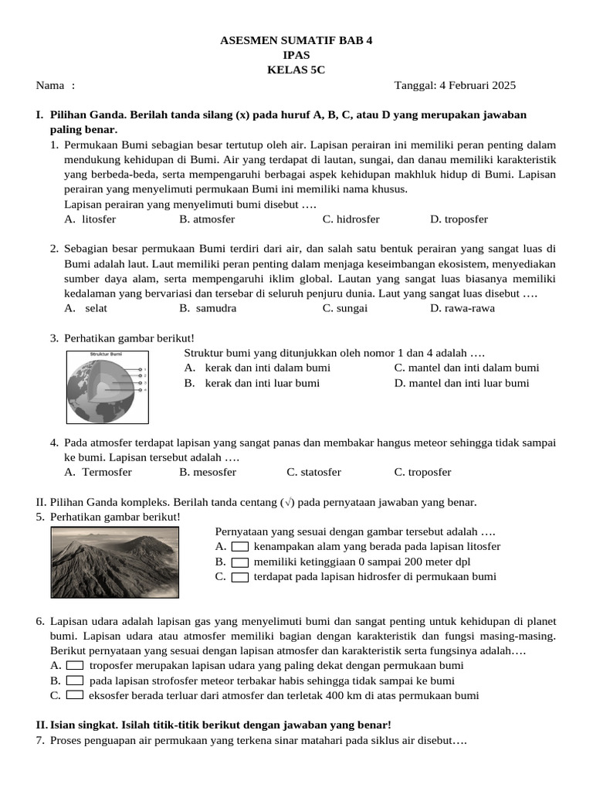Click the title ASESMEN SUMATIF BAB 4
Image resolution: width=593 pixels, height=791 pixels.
coord(296,40)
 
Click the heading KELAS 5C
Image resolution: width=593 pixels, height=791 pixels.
coord(296,70)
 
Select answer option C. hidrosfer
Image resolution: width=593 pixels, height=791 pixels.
coord(351,219)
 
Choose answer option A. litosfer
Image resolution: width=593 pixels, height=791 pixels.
coord(90,219)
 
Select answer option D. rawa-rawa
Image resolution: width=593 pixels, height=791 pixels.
coord(463,307)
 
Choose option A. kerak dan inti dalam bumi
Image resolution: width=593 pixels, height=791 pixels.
coord(257,368)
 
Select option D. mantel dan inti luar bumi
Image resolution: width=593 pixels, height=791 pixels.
coord(461,382)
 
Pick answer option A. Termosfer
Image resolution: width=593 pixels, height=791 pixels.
coord(98,472)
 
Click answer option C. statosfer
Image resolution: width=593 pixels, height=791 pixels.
coord(313,472)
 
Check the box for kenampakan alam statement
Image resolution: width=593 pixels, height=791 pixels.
coord(240,547)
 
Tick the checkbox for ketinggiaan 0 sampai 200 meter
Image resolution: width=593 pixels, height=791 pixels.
coord(240,562)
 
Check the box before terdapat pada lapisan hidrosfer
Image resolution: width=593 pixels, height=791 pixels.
coord(240,577)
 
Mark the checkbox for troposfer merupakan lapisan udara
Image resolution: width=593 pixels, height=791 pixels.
coord(75,665)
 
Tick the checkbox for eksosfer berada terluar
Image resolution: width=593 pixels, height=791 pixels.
coord(75,695)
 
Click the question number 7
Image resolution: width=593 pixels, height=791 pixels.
coord(40,741)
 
